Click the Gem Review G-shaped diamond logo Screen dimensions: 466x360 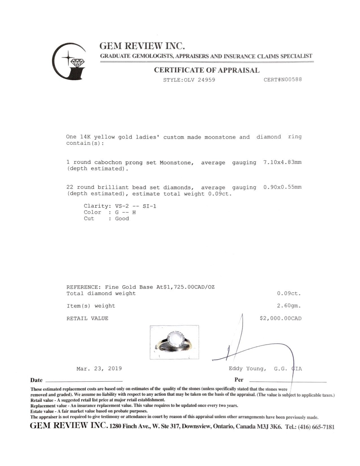[69, 61]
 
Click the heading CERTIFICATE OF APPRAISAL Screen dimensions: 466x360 [206, 70]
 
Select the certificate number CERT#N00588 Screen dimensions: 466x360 [283, 80]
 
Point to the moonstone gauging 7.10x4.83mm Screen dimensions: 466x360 [282, 162]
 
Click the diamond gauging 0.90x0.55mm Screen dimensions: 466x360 [282, 187]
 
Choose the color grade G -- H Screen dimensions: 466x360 [126, 212]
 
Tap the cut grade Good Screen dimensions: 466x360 [122, 219]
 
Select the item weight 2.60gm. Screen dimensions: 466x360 [289, 306]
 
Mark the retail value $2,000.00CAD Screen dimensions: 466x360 [281, 319]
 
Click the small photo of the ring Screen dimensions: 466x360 [174, 342]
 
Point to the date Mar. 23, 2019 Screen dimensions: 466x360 [99, 369]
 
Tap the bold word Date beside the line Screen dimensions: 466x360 [36, 380]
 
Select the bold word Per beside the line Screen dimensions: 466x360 [239, 380]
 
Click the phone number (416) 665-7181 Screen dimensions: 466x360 [316, 427]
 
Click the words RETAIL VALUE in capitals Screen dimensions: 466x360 [88, 319]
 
